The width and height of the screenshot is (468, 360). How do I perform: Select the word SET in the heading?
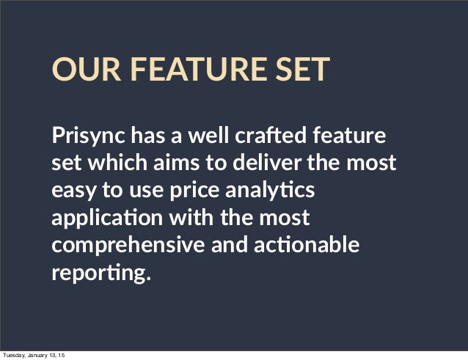coord(303,70)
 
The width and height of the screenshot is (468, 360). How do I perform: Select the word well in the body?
coord(207,136)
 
